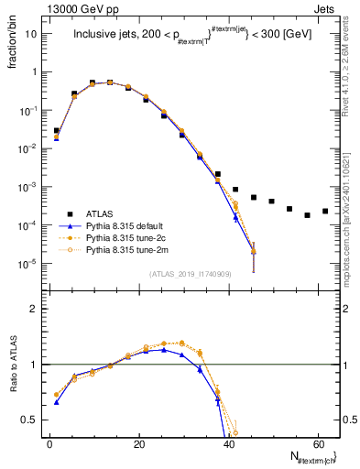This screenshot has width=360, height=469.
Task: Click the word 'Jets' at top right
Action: click(x=326, y=8)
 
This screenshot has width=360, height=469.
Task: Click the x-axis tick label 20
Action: click(x=138, y=444)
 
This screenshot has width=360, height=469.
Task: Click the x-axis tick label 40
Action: click(x=228, y=444)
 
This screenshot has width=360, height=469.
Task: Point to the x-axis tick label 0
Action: click(x=49, y=444)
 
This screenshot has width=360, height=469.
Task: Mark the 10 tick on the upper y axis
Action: click(x=33, y=34)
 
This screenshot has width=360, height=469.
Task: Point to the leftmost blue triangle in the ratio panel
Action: click(x=57, y=402)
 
